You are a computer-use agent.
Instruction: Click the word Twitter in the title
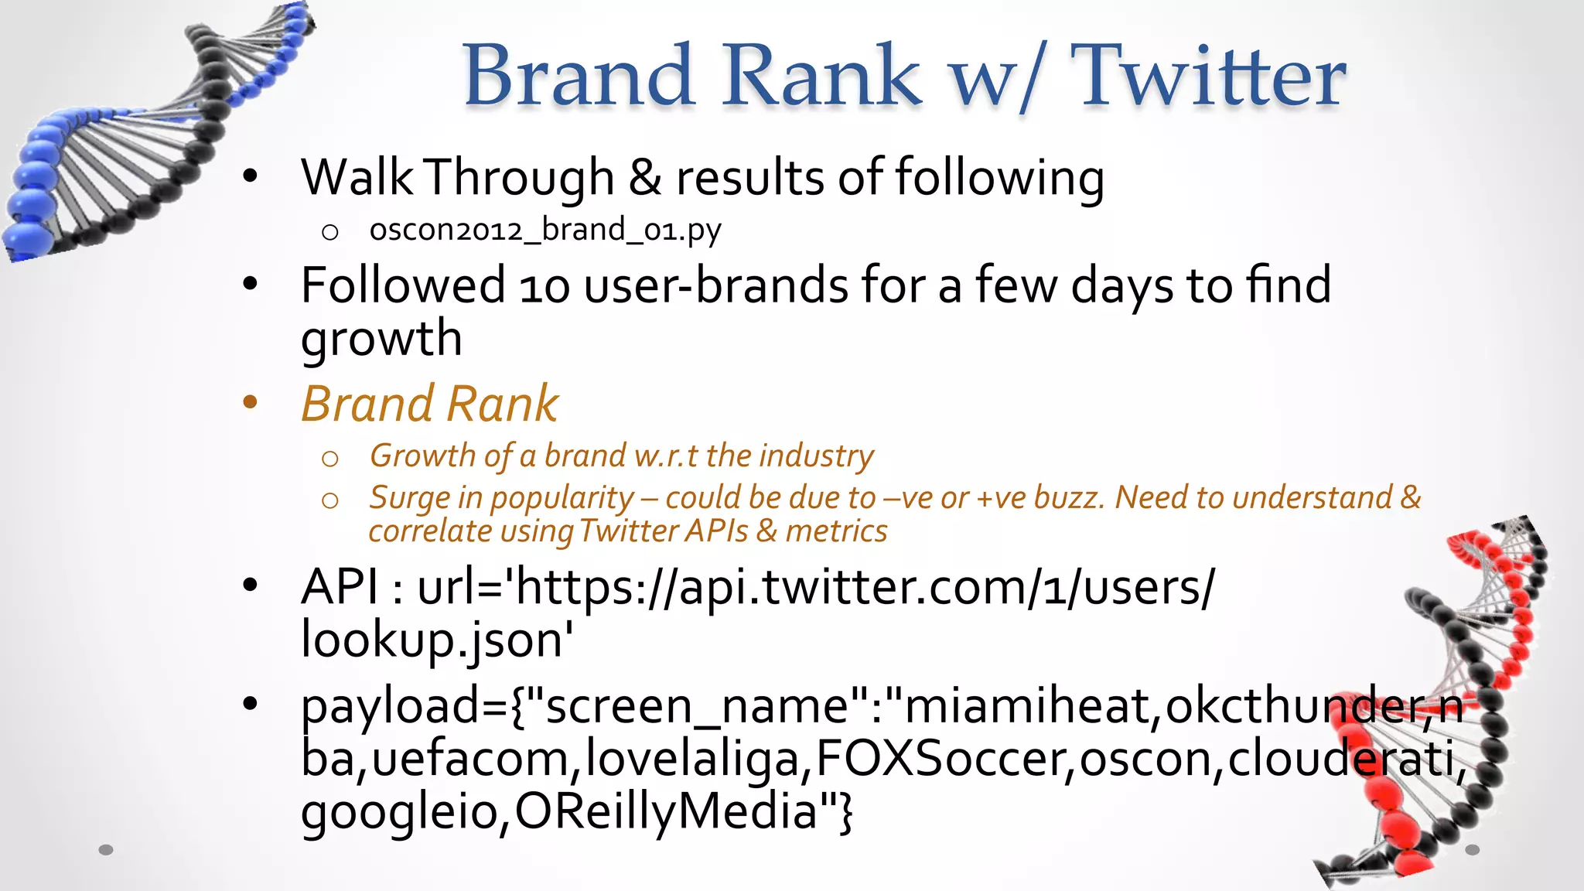pyautogui.click(x=1210, y=76)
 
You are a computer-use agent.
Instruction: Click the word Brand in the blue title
pyautogui.click(x=578, y=76)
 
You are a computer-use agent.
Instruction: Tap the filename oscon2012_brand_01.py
pyautogui.click(x=545, y=230)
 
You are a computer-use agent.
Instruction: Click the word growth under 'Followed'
pyautogui.click(x=381, y=339)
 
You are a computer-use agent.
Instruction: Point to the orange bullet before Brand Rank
pyautogui.click(x=250, y=402)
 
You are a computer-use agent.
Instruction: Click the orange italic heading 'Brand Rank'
pyautogui.click(x=429, y=404)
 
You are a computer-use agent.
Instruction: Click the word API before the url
pyautogui.click(x=340, y=587)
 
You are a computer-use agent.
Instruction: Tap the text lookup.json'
pyautogui.click(x=437, y=640)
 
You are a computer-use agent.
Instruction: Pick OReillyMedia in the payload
pyautogui.click(x=666, y=812)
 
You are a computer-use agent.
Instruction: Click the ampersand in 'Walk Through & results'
pyautogui.click(x=645, y=178)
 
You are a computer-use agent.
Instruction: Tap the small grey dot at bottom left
pyautogui.click(x=106, y=850)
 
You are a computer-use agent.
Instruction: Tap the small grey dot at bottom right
pyautogui.click(x=1472, y=850)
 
